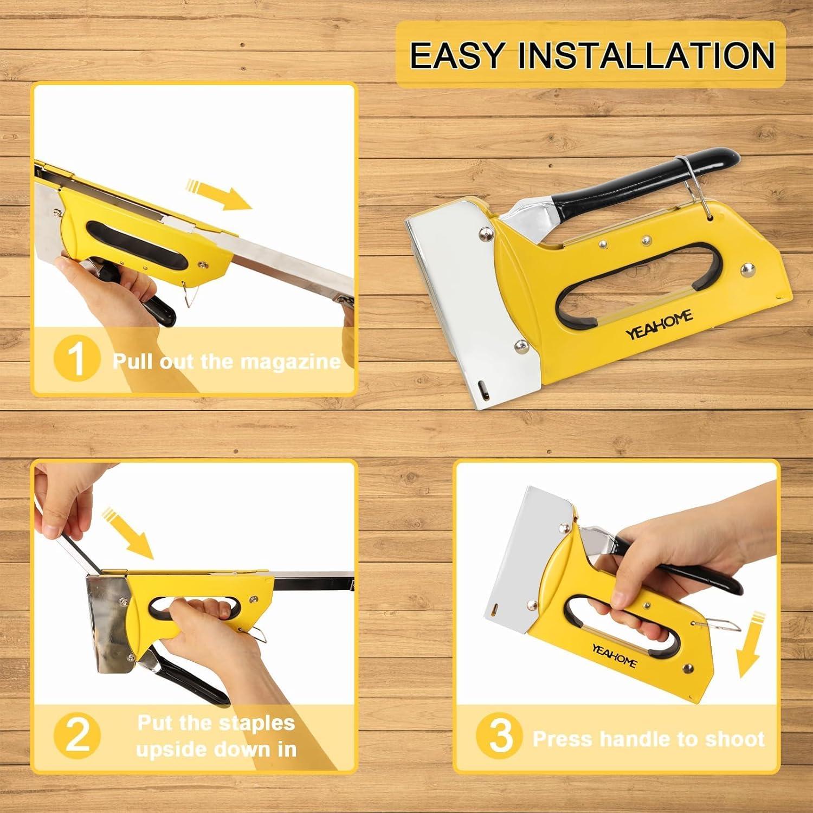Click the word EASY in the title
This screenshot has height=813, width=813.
click(457, 55)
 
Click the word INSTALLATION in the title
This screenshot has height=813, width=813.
click(647, 55)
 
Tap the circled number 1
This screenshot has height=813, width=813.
click(77, 359)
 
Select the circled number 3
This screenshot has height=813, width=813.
click(500, 737)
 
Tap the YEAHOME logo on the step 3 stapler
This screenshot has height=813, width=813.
click(614, 655)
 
